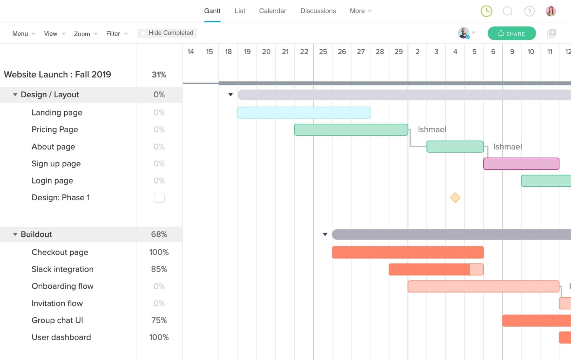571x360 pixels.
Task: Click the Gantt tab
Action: click(212, 11)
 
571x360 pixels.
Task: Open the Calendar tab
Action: click(272, 11)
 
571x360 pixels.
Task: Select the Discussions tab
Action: click(318, 11)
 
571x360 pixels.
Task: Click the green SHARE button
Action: click(512, 33)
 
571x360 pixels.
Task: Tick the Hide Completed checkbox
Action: click(143, 33)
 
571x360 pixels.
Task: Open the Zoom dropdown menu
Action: click(86, 34)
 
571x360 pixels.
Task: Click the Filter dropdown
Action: click(117, 34)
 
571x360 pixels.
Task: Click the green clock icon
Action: click(486, 11)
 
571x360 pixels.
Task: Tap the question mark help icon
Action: click(529, 11)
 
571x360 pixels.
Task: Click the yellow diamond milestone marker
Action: click(455, 198)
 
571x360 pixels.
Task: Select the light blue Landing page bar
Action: click(304, 113)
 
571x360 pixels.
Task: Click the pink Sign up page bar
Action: click(521, 164)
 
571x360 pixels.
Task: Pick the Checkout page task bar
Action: click(408, 252)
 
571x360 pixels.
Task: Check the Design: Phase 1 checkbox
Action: click(159, 198)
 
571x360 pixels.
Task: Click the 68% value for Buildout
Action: click(159, 234)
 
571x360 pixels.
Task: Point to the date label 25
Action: click(323, 52)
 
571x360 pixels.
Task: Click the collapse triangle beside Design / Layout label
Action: click(15, 95)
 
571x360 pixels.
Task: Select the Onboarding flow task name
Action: click(62, 286)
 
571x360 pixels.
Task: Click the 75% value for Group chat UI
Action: click(159, 320)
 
